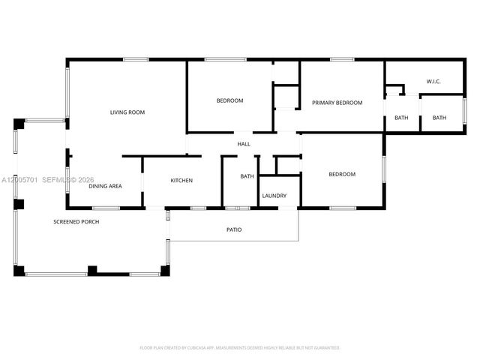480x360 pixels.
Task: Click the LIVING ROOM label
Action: (127, 112)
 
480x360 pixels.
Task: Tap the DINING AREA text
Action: (106, 186)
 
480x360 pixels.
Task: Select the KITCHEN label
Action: (181, 181)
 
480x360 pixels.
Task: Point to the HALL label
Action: (244, 144)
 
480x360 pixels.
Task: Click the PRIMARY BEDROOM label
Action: (337, 103)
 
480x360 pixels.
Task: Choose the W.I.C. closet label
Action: (433, 81)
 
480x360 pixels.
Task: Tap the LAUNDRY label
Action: (274, 196)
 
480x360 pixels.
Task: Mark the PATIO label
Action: (235, 229)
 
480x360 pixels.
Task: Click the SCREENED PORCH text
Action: (76, 222)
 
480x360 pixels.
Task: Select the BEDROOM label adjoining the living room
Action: (229, 100)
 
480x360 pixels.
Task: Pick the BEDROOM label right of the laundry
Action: (342, 174)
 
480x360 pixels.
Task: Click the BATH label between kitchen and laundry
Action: (247, 176)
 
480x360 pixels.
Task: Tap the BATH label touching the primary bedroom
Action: (401, 118)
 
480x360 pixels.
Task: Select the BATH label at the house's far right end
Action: (439, 118)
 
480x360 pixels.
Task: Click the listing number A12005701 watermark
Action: (19, 180)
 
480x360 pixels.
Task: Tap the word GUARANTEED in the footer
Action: (327, 348)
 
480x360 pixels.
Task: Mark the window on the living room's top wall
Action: (136, 60)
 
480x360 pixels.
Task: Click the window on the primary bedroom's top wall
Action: (342, 60)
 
